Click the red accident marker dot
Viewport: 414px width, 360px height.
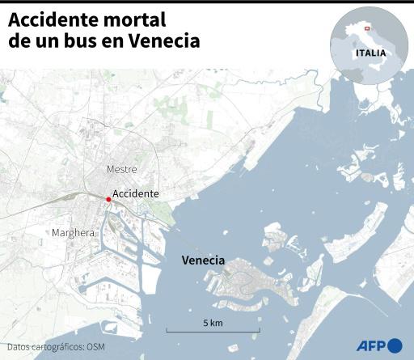[x=108, y=199]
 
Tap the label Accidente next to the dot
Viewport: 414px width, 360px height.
[x=136, y=194]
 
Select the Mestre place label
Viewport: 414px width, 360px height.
[x=122, y=169]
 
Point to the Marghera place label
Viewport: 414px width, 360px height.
[x=73, y=233]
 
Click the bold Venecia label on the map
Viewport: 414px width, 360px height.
[x=204, y=260]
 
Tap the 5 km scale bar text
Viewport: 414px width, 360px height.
[x=213, y=323]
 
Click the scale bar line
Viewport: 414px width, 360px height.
[x=213, y=331]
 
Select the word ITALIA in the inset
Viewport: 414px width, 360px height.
[x=370, y=53]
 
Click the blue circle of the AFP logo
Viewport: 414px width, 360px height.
[x=395, y=345]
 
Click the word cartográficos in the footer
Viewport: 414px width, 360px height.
[x=57, y=347]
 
